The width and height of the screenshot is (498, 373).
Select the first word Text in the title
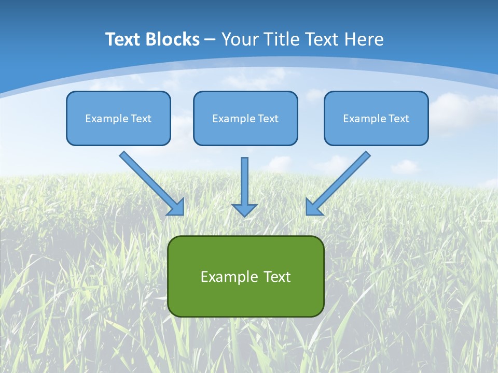tap(123, 39)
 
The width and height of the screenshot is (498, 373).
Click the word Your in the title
tap(240, 39)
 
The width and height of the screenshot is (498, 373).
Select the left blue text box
tap(118, 118)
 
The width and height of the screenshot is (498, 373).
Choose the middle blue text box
tap(245, 118)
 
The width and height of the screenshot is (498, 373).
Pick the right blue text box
tap(376, 118)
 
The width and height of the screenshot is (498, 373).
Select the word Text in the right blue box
tap(398, 119)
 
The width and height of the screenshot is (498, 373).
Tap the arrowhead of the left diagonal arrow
tap(177, 208)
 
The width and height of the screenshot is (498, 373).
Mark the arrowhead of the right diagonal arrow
tap(313, 208)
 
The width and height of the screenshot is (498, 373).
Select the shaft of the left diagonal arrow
tap(145, 176)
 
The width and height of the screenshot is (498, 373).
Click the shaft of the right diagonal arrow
tap(345, 176)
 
